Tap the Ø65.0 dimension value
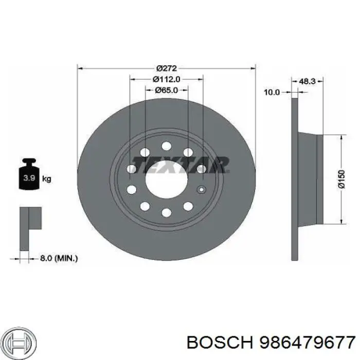coord(166,90)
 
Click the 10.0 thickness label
coord(271,93)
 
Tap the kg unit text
coord(46,179)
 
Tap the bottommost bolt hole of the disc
coord(166,212)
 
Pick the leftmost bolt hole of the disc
coord(131,169)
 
